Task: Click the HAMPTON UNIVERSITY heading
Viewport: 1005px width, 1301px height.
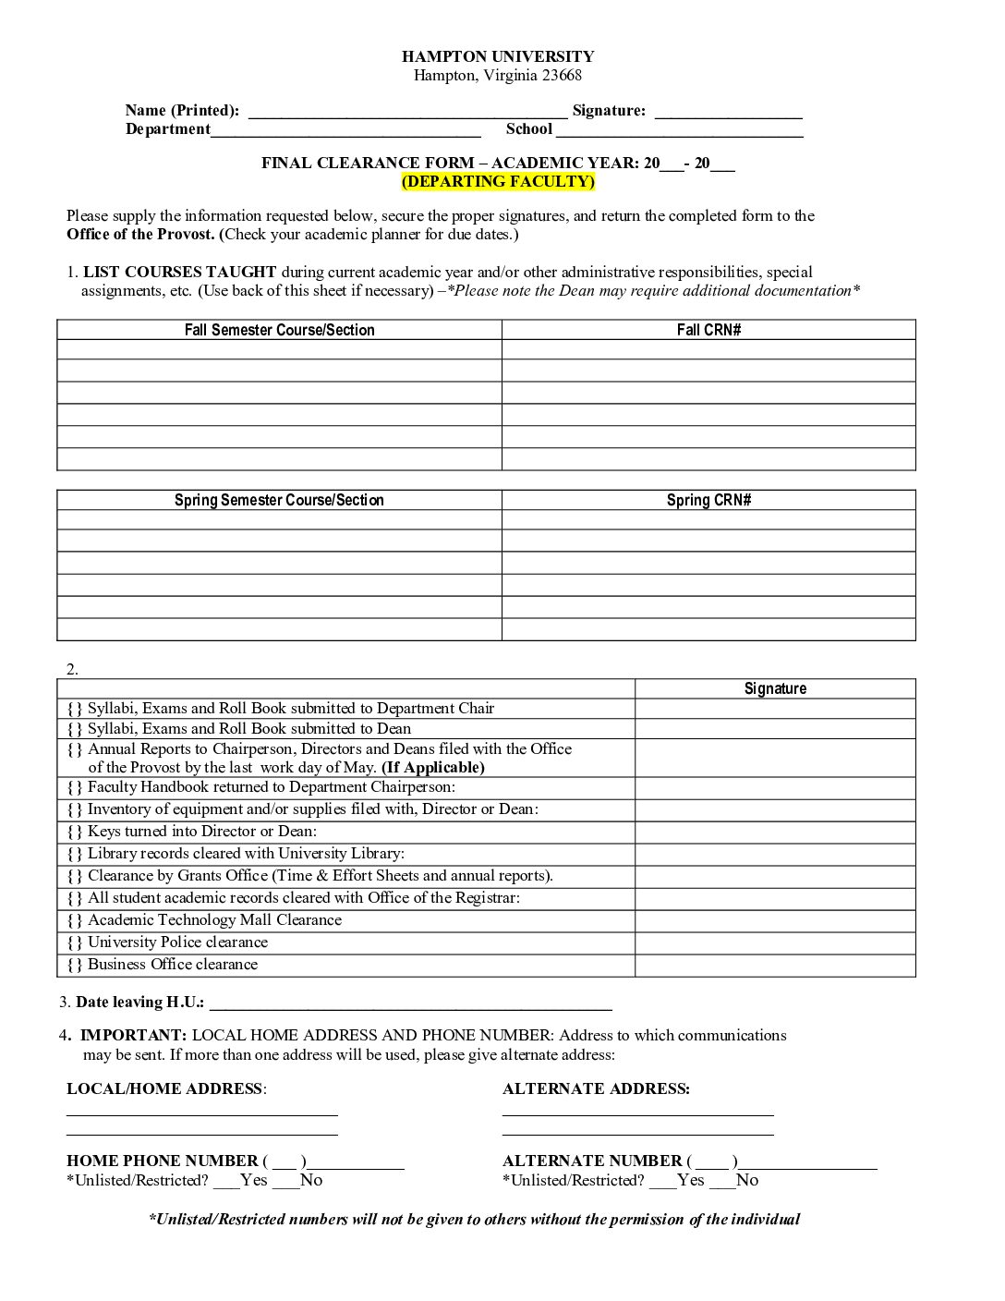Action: (x=498, y=56)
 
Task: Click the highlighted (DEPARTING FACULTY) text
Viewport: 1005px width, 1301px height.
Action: (x=498, y=181)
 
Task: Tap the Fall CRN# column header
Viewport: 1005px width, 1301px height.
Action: (x=708, y=330)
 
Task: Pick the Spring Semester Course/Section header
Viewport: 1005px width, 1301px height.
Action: (x=279, y=500)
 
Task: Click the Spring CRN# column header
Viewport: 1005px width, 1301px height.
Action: (x=708, y=500)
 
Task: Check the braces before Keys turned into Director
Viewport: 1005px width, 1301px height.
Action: (x=75, y=832)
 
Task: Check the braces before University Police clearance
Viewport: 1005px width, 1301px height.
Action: (x=75, y=942)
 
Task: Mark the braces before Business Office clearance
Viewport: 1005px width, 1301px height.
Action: (x=75, y=965)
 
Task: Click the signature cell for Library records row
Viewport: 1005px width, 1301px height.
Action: (x=775, y=854)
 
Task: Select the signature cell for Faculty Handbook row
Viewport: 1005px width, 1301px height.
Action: (x=775, y=788)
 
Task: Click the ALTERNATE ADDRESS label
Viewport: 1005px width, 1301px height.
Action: (x=596, y=1088)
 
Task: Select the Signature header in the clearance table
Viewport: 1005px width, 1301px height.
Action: (x=775, y=688)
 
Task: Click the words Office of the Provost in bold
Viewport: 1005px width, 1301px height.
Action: (x=140, y=234)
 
